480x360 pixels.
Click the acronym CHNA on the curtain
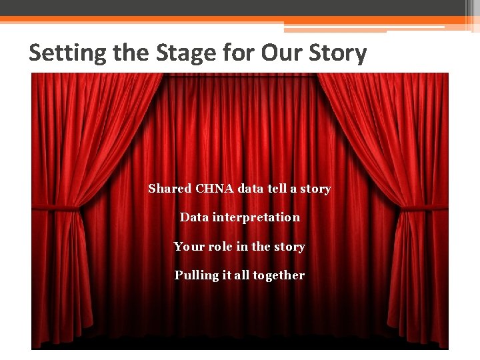point(215,189)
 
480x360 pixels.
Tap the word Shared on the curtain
point(169,189)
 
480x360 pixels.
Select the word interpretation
point(256,217)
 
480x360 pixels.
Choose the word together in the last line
point(279,275)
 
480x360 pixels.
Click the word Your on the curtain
point(189,247)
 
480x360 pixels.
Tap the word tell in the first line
point(277,189)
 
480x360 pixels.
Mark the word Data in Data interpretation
point(194,217)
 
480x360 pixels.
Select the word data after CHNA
point(251,189)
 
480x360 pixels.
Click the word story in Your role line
point(289,247)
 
